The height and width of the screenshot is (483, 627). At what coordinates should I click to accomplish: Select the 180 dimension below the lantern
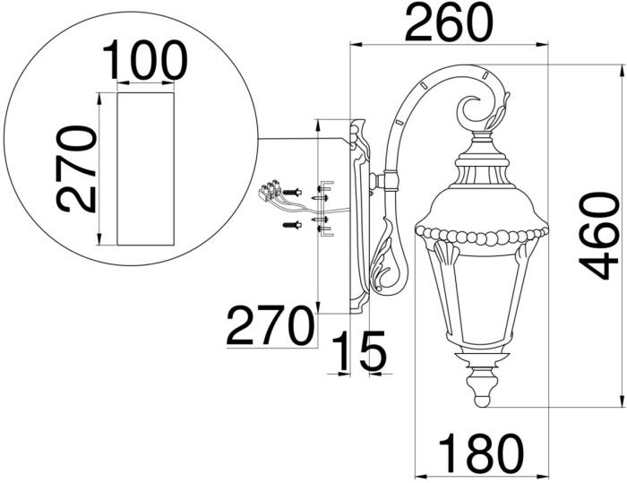tap(479, 453)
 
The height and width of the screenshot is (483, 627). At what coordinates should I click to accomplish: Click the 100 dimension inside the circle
tap(144, 61)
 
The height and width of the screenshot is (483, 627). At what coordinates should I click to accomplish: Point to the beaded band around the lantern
tap(481, 237)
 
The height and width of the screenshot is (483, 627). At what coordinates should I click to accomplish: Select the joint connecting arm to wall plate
tap(385, 181)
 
